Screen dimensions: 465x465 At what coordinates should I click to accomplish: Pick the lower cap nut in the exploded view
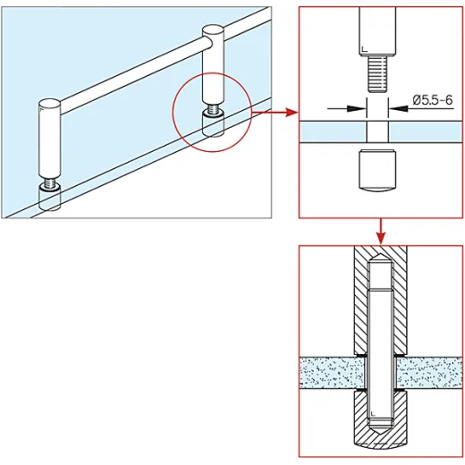click(x=376, y=174)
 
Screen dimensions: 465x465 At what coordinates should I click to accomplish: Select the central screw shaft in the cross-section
click(x=382, y=349)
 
